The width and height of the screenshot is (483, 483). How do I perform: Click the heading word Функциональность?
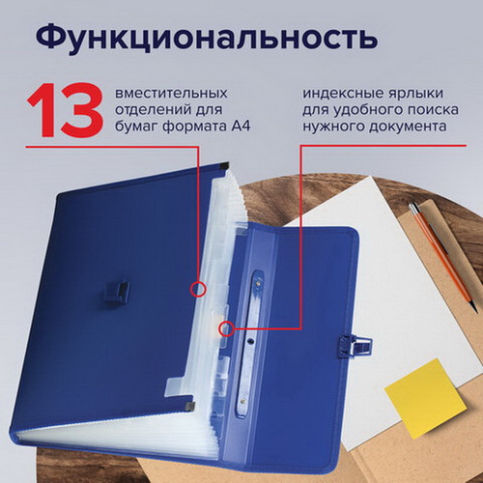pyautogui.click(x=206, y=38)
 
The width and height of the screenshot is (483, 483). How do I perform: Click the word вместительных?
pyautogui.click(x=171, y=94)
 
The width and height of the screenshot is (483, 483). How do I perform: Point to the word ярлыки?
pyautogui.click(x=412, y=94)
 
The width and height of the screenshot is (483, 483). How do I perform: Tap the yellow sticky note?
pyautogui.click(x=425, y=398)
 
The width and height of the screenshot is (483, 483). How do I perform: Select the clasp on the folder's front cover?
pyautogui.click(x=116, y=292)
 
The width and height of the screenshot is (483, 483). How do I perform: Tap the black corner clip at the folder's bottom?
pyautogui.click(x=190, y=406)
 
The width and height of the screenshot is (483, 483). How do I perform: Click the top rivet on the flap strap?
pyautogui.click(x=258, y=283)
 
